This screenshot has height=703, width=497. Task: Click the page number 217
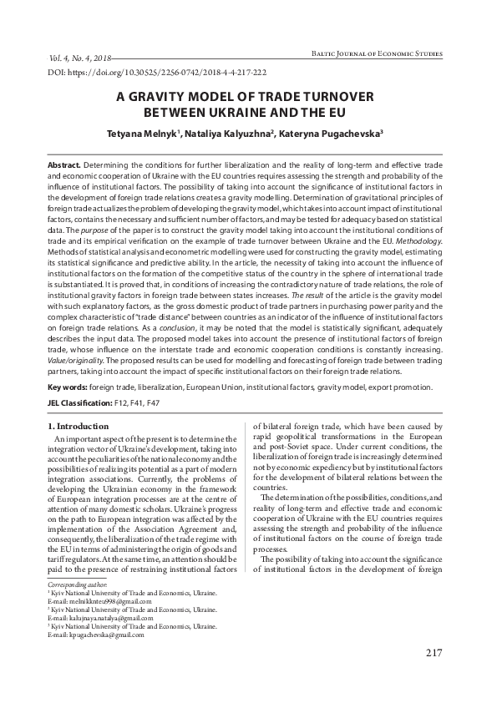[x=432, y=675]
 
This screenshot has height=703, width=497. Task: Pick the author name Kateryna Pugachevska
[x=336, y=132]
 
